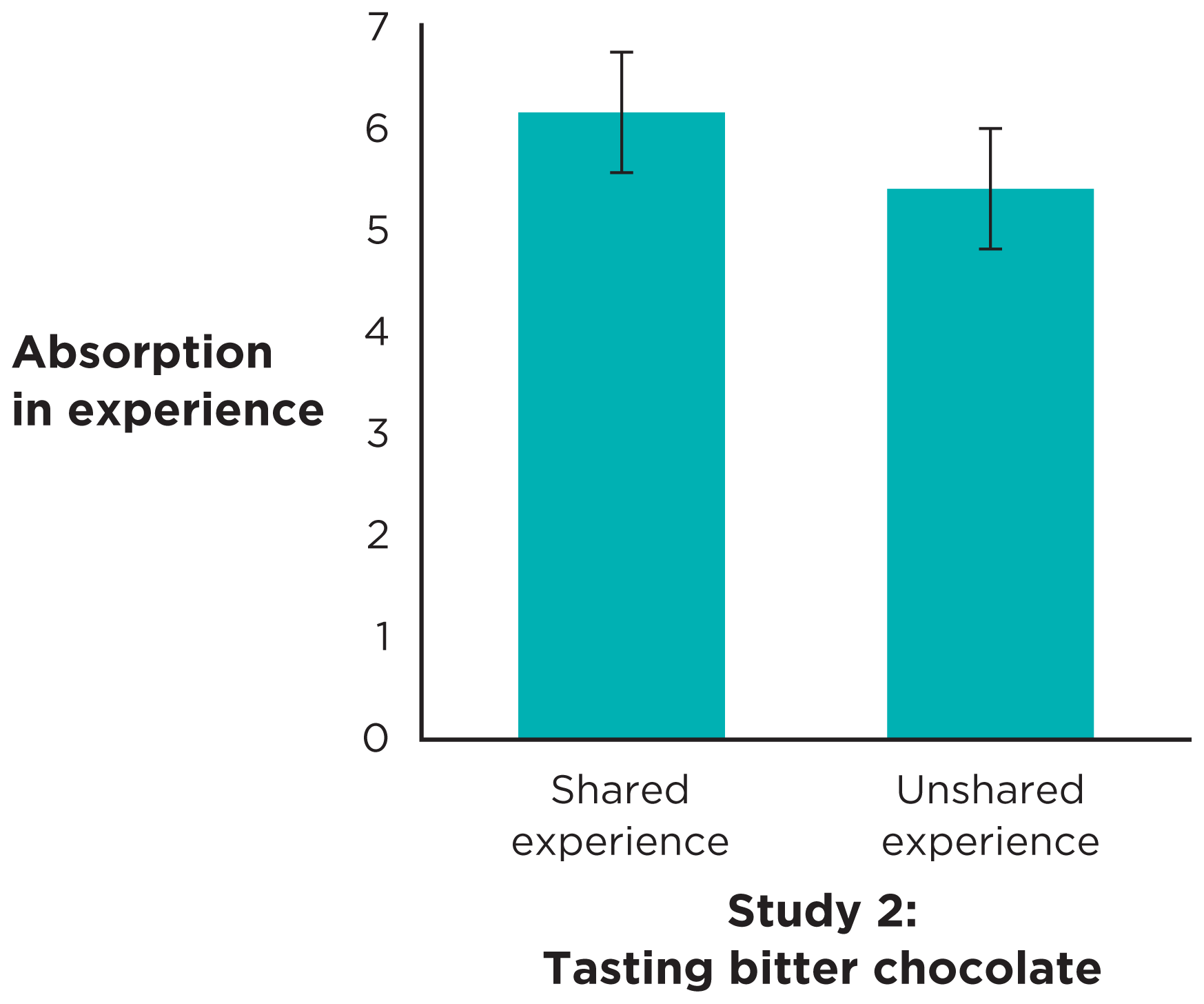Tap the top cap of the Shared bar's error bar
click(x=622, y=52)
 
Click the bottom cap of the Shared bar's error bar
click(x=622, y=172)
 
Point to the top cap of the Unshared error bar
click(x=990, y=129)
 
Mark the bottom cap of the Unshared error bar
click(x=990, y=249)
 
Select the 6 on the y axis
click(x=378, y=129)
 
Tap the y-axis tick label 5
click(x=378, y=230)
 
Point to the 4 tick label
click(x=377, y=332)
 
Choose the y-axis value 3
click(x=378, y=433)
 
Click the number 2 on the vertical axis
click(x=378, y=535)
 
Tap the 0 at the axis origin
click(x=376, y=738)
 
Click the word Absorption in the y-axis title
click(x=143, y=353)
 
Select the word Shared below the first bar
click(x=620, y=790)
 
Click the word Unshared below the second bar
click(x=990, y=790)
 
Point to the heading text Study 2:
click(x=822, y=911)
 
